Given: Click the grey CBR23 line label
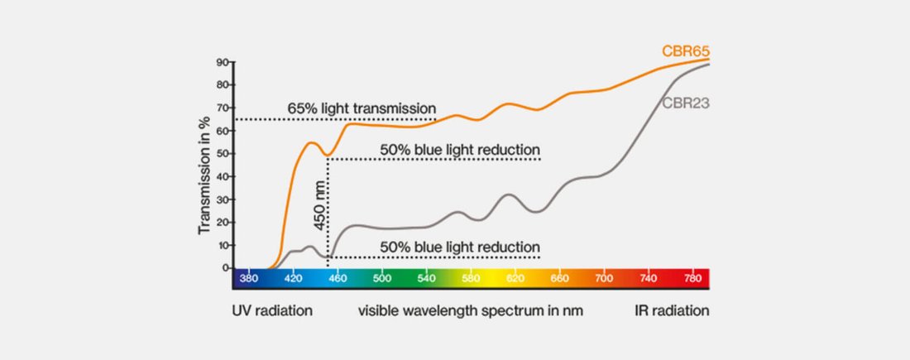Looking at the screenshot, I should point(686,103).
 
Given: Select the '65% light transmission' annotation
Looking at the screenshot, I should point(362,108).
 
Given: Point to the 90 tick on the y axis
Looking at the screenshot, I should point(223,62).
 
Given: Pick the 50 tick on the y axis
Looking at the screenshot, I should point(223,154).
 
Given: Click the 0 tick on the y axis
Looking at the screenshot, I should point(225,268).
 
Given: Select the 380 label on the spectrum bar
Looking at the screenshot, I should point(248,279).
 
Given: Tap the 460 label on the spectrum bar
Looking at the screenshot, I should point(338,279).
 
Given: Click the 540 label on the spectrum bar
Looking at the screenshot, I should point(427,279).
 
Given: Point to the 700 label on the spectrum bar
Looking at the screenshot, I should point(605,279).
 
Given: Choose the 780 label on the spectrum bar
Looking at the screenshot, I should point(693,279).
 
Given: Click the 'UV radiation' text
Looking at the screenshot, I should point(272,311).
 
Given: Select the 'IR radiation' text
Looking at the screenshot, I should point(672,311).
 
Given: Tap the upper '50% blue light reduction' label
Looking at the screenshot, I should point(460,150).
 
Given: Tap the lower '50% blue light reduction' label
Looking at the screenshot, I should point(460,247).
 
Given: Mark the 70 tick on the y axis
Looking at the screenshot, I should point(223,108).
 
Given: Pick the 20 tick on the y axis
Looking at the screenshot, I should point(223,223).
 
